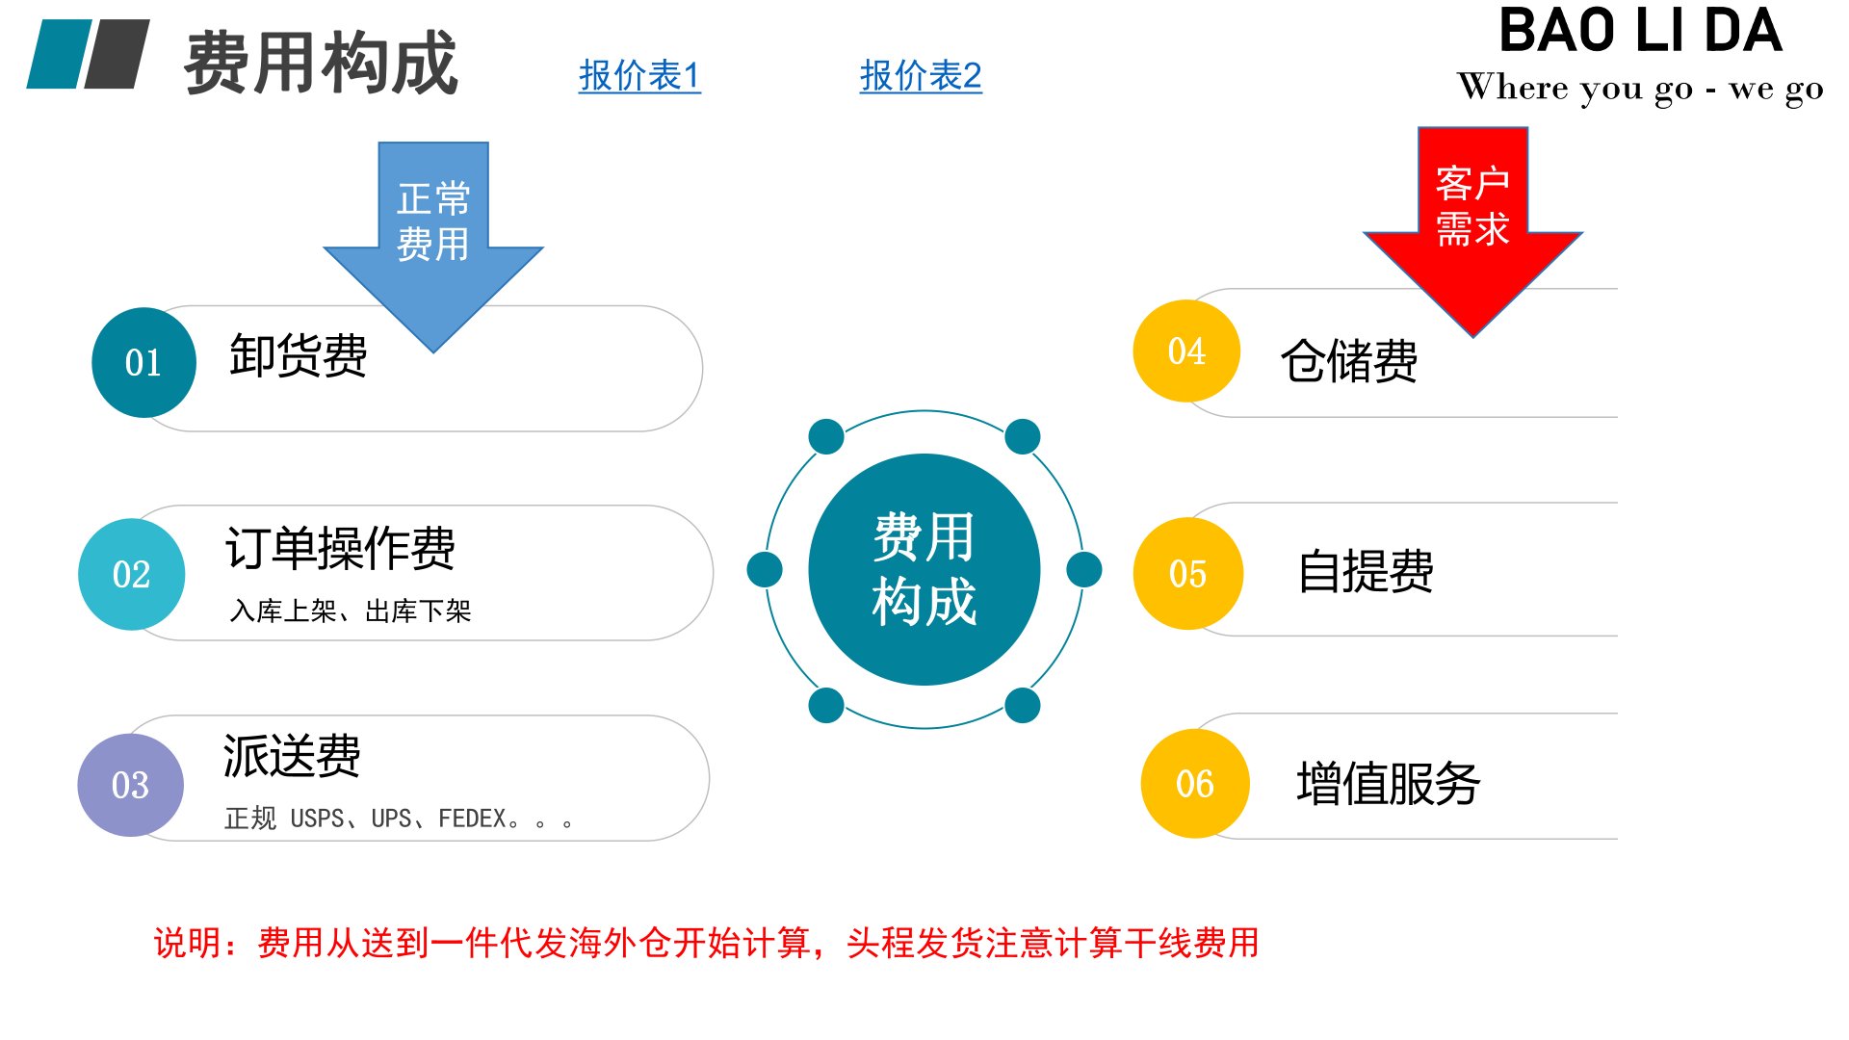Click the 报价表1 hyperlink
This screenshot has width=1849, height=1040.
(639, 76)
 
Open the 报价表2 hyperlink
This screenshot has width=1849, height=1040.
(921, 76)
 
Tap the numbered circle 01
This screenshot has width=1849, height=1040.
(144, 363)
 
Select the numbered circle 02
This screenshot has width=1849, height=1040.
(132, 575)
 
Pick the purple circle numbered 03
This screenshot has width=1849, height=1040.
(131, 785)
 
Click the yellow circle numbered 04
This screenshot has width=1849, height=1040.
(1186, 351)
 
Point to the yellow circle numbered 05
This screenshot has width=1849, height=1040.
(1188, 574)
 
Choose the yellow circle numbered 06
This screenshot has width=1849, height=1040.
(1195, 784)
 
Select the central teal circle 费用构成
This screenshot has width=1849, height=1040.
(924, 569)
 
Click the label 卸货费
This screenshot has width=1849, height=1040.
(299, 355)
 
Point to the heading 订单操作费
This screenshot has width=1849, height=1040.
(340, 548)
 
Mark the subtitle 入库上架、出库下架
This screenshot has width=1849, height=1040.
(351, 611)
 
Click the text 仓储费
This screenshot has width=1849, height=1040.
(1349, 361)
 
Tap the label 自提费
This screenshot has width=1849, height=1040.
(1366, 571)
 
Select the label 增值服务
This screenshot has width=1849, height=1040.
(1388, 783)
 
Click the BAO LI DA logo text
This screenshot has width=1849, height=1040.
(1641, 31)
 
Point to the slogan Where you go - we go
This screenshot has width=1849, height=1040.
(1640, 88)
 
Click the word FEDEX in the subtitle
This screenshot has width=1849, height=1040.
(472, 819)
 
